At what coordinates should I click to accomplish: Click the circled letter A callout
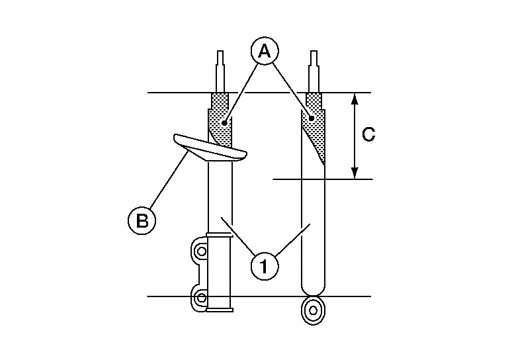coord(265,51)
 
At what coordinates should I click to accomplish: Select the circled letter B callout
coord(142,220)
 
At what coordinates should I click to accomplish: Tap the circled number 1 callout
coord(265,267)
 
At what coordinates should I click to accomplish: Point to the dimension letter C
coord(368,134)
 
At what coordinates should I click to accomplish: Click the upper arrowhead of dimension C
coord(355,99)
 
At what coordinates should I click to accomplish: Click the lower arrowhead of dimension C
coord(355,173)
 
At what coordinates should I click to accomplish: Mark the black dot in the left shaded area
coord(224,123)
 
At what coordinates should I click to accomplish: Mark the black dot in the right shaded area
coord(312,118)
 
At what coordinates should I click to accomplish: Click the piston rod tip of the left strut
coord(220,52)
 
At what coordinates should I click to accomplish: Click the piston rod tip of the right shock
coord(314,52)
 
